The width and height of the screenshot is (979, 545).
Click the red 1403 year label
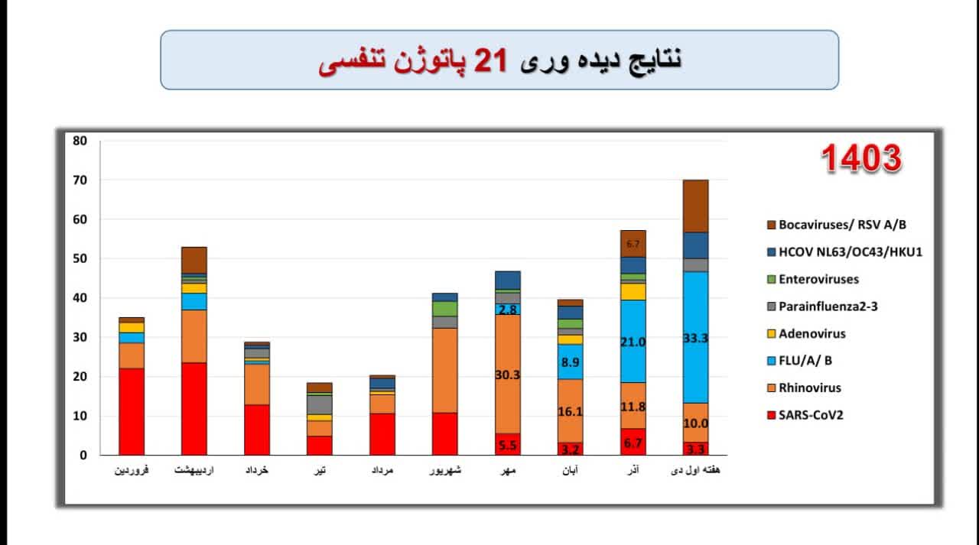click(x=861, y=159)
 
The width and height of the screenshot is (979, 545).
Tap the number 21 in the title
click(x=491, y=61)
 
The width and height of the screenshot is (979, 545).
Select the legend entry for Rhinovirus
click(x=809, y=388)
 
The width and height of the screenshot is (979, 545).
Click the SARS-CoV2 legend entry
click(x=810, y=415)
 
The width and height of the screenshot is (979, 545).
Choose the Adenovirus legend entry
click(x=811, y=333)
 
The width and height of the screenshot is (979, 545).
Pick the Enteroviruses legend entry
click(x=818, y=279)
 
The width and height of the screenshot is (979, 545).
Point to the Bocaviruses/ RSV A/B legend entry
click(x=838, y=225)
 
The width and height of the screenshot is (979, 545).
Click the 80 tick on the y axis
click(x=80, y=141)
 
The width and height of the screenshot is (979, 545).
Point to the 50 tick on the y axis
click(x=80, y=259)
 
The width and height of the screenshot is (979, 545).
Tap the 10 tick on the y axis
click(x=80, y=417)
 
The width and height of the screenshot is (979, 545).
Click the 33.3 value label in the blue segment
click(x=695, y=338)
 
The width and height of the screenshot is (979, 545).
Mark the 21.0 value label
click(x=633, y=342)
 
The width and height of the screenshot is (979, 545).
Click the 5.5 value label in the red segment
click(x=507, y=445)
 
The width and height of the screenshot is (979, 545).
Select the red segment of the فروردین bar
click(x=132, y=412)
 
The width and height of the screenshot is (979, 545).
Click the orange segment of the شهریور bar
click(x=444, y=371)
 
